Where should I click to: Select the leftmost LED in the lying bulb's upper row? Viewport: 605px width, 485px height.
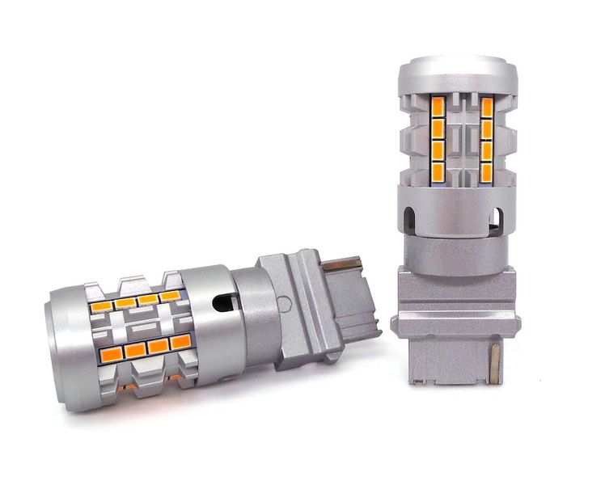(100, 306)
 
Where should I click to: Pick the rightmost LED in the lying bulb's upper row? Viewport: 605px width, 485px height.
(169, 296)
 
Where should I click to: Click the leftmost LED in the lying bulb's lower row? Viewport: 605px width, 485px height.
(112, 353)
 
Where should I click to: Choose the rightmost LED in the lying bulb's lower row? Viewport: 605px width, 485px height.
(180, 341)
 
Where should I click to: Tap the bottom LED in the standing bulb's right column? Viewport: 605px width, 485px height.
(487, 171)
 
